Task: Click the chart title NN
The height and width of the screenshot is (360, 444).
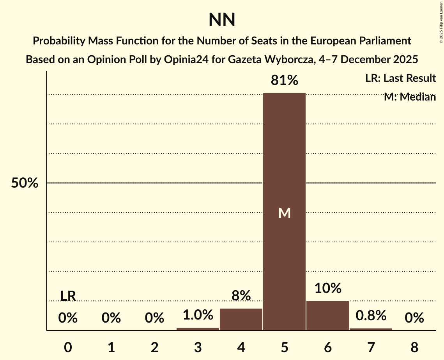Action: coord(222,20)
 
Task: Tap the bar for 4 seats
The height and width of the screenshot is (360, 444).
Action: coord(241,319)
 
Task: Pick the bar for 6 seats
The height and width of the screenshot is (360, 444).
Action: coord(327,316)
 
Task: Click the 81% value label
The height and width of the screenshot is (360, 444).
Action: coord(284,81)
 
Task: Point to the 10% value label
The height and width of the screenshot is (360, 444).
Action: coord(327,288)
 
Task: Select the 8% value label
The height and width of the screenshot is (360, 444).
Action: coord(241,296)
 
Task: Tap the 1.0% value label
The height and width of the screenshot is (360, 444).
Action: coord(198,315)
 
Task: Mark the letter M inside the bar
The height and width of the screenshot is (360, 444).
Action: coord(284,213)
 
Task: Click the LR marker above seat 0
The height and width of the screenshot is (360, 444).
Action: coord(68,296)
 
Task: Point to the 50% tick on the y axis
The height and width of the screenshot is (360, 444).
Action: coord(25,183)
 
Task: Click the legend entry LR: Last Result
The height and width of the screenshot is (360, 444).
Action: coord(400,78)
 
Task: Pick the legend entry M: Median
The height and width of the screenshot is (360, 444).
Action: coord(410,97)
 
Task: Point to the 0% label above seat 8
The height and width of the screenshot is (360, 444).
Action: coord(414,318)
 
